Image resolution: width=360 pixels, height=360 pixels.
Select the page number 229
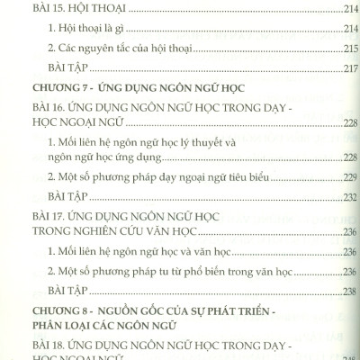[348, 178]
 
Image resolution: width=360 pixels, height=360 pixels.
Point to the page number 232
[348, 198]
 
